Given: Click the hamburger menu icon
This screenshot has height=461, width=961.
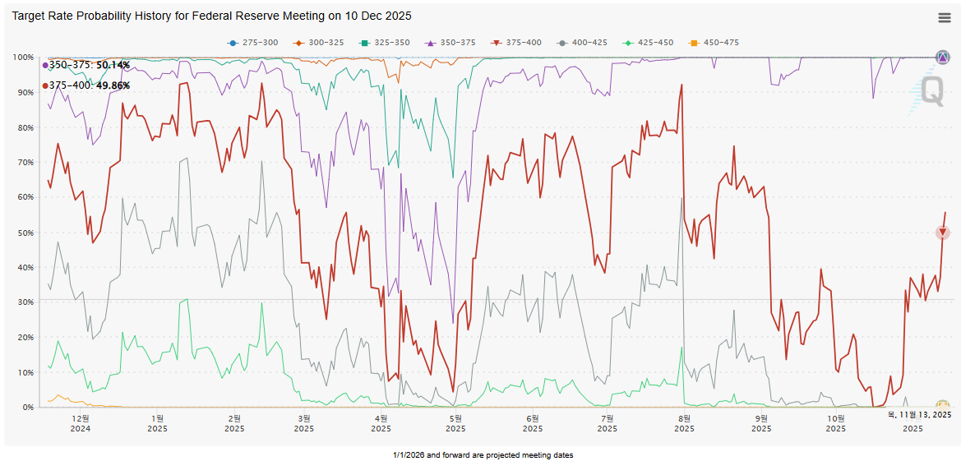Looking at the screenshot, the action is click(945, 17).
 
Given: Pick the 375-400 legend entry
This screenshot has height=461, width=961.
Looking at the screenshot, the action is click(516, 43).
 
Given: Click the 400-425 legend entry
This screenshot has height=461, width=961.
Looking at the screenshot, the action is click(582, 43).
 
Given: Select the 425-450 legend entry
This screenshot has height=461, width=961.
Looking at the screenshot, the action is click(648, 43).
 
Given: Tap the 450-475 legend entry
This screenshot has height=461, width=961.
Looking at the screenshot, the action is click(714, 43).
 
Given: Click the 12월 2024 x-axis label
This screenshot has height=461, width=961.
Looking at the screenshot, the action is click(81, 423).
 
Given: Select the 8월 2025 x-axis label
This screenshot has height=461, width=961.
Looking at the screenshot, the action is click(684, 423).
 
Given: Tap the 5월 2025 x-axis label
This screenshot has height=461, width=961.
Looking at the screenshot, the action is click(454, 423).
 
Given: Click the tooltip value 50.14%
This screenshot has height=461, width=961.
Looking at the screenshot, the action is click(113, 65).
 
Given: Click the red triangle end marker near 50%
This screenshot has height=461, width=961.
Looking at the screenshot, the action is click(943, 233).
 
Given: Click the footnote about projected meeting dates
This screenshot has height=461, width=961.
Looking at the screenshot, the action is click(483, 455).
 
